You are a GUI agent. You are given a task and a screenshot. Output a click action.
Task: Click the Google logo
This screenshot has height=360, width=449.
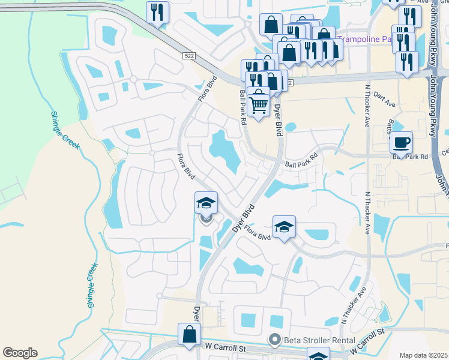20,353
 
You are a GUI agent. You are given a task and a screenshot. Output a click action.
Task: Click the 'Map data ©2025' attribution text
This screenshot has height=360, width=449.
423,355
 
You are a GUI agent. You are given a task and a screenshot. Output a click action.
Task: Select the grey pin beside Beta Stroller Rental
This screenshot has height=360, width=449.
276,340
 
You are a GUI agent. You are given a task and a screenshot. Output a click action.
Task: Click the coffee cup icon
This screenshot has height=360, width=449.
401,143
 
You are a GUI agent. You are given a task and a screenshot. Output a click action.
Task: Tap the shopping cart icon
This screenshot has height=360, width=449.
258,104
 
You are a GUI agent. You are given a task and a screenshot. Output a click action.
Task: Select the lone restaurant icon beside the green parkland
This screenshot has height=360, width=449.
157,12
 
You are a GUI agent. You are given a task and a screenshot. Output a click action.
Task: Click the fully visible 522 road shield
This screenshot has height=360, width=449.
188,55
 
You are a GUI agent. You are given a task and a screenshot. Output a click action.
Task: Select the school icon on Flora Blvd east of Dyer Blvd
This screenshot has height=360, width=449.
284,227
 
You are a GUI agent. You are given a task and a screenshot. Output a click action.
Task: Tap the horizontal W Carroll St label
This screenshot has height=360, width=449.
227,347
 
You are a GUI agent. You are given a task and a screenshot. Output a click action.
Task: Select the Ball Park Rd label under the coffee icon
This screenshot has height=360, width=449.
409,157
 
